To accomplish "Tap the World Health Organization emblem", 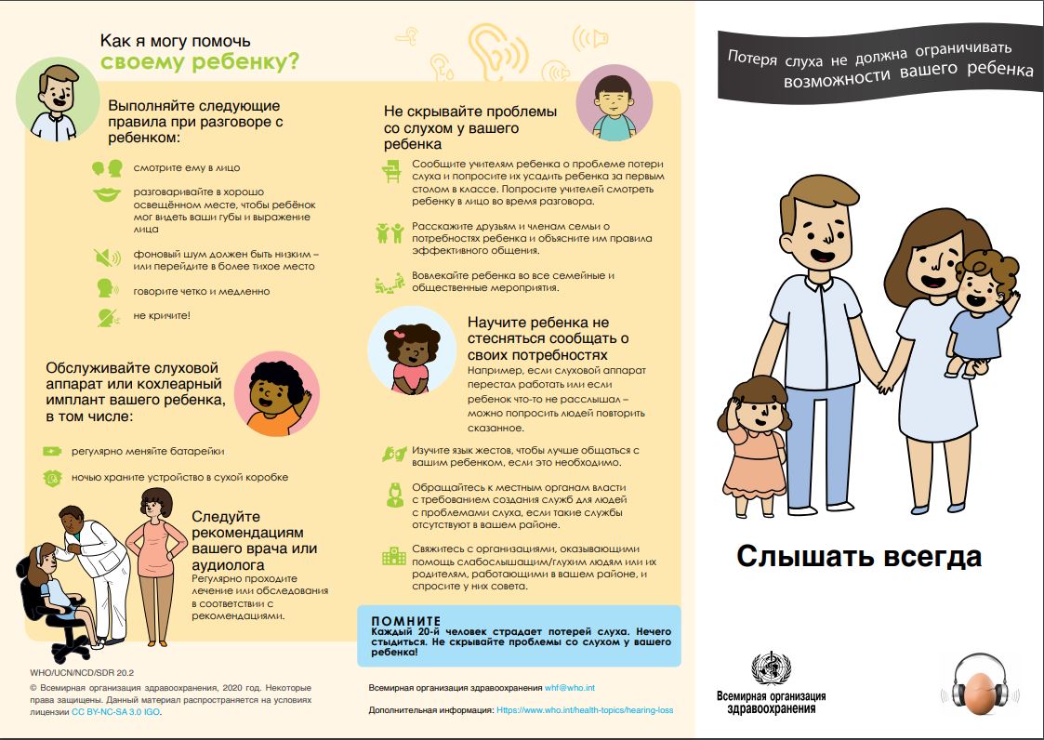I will pyautogui.click(x=771, y=669).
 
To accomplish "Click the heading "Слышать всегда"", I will pyautogui.click(x=859, y=557).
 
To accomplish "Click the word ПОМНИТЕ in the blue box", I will pyautogui.click(x=405, y=620).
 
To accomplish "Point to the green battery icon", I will pyautogui.click(x=52, y=452).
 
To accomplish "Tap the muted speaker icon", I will pyautogui.click(x=107, y=258).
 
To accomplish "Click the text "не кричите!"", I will pyautogui.click(x=162, y=316).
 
